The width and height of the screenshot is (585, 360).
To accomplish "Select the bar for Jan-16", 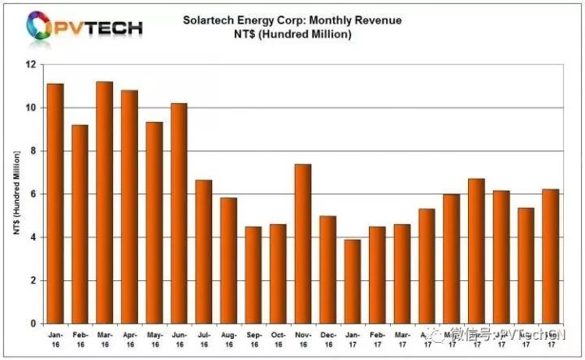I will coord(55,203).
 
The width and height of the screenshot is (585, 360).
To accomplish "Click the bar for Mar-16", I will coord(105,202).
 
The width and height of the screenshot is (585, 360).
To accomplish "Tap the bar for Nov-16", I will coord(302,244).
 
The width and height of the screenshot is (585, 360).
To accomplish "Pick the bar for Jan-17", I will coord(352,281).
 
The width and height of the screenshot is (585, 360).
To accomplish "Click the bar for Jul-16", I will coord(204,252).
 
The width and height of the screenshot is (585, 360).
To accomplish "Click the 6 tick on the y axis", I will coord(34,194).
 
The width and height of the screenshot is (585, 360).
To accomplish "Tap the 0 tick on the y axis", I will coord(34,323).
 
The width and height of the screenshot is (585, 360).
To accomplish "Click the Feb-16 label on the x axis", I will coord(80,339).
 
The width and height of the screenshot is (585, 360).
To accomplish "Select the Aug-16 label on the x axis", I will coord(228,339).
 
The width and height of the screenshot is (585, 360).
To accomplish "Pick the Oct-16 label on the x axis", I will coord(278,339).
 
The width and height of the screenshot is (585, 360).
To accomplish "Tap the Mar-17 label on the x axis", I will coord(401,339).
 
